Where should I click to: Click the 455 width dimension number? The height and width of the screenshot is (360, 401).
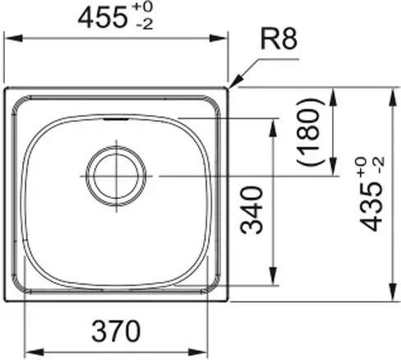pos(103,18)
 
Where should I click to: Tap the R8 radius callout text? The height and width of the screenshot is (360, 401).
pos(279,39)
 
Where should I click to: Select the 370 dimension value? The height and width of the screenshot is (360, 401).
pos(116,331)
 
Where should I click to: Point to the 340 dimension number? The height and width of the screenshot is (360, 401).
pos(251,210)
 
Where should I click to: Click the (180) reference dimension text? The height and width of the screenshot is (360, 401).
pos(310,132)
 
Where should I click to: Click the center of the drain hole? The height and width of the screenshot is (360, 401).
pos(116,176)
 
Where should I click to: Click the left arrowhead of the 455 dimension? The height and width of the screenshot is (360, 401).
pos(13,38)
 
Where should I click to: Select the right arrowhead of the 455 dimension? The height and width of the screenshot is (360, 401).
pos(218,38)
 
